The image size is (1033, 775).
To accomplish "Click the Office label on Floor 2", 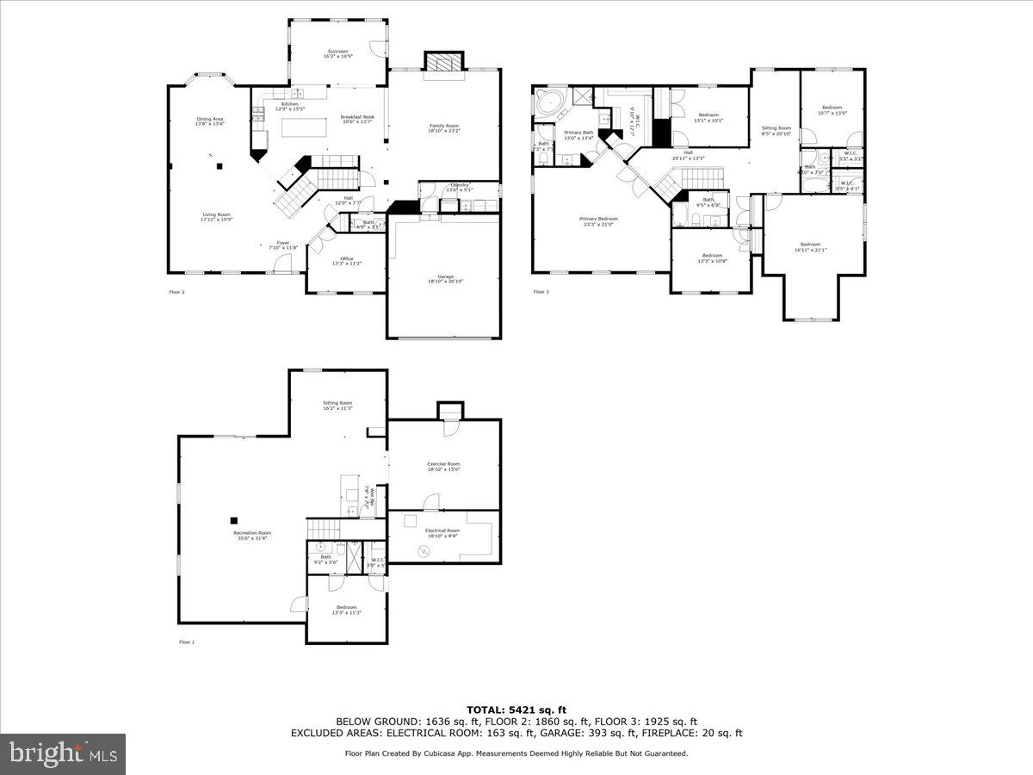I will pos(346,261).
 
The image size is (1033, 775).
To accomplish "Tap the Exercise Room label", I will pos(443,466).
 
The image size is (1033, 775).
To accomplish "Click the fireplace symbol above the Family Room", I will pos(444,64).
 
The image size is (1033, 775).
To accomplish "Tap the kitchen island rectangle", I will pos(305,127).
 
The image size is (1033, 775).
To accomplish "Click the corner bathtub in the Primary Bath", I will pos(547,103).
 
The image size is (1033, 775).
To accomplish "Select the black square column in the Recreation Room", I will pos(233,520).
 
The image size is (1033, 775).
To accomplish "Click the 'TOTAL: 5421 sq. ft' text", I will pos(516,710).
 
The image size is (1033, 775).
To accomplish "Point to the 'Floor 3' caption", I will pos(541,292).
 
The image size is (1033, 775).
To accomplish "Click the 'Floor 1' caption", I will pos(187,642).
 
